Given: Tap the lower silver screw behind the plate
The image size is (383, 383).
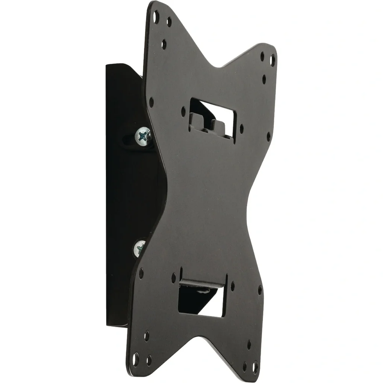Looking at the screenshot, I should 140,248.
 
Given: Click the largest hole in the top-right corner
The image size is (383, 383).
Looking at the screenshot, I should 273,60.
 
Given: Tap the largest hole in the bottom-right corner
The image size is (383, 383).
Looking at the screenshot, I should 255,367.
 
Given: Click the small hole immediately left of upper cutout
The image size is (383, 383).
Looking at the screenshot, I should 183,111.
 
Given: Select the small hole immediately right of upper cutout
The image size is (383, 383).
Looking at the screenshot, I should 241,129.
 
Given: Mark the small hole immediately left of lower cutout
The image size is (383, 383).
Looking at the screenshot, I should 174,278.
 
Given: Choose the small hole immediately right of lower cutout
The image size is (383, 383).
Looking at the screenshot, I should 233,286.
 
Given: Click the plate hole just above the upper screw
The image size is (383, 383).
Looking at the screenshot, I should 151,101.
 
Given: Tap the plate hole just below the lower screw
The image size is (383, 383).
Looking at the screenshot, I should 141,273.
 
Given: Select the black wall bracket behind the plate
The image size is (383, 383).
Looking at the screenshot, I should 120,194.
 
